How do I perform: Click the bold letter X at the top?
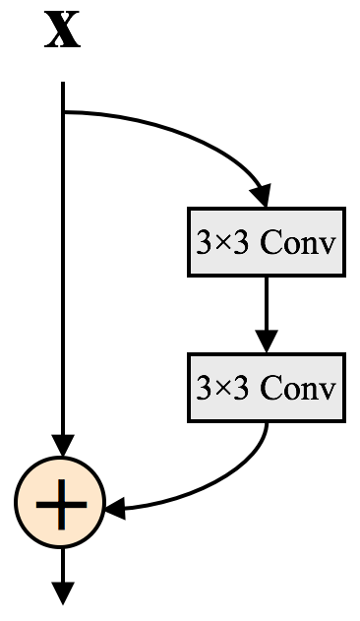[x=63, y=31]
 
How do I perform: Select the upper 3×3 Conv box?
[x=266, y=242]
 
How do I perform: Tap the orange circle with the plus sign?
[x=61, y=504]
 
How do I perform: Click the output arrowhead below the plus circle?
[x=63, y=592]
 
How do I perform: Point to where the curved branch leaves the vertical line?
[x=64, y=112]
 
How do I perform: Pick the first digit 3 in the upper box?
[x=204, y=243]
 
